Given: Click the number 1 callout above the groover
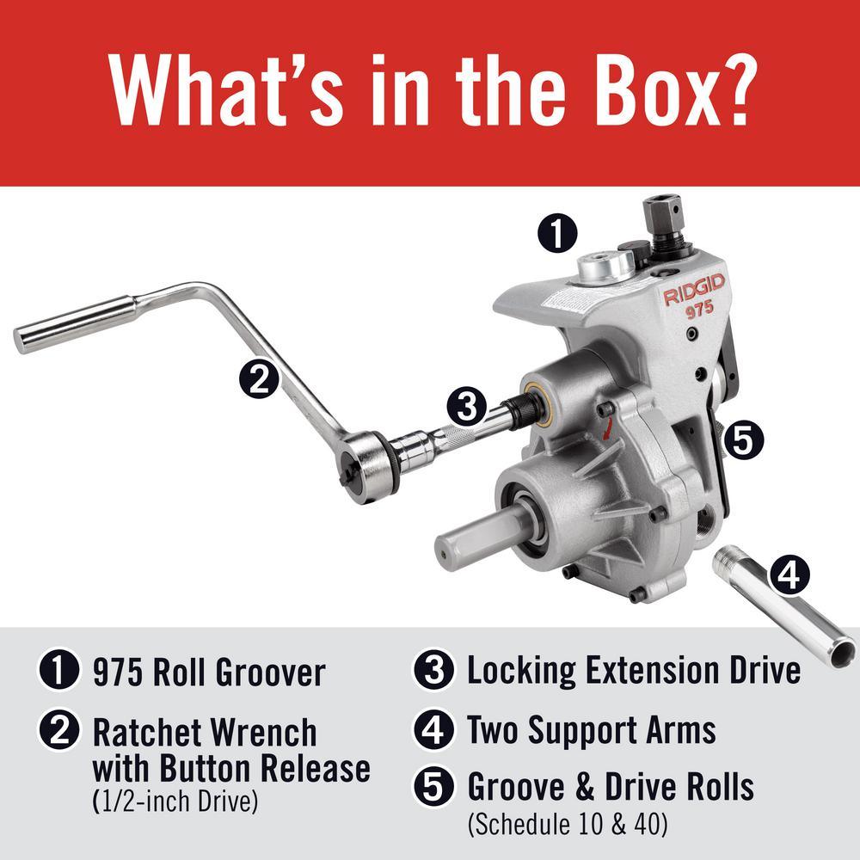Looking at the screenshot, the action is pyautogui.click(x=557, y=234).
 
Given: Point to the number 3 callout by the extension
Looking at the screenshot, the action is pyautogui.click(x=467, y=407).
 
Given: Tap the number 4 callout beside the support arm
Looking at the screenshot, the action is pyautogui.click(x=789, y=574).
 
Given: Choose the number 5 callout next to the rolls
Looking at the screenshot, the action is pyautogui.click(x=743, y=440).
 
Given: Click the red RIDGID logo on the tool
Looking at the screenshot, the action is pyautogui.click(x=694, y=290).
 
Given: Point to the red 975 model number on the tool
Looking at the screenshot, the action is pyautogui.click(x=699, y=310).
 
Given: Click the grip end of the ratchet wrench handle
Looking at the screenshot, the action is pyautogui.click(x=75, y=324).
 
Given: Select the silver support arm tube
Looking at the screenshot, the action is pyautogui.click(x=786, y=608).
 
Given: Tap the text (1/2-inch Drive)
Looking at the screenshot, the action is pyautogui.click(x=175, y=802).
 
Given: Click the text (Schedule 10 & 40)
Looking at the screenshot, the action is pyautogui.click(x=568, y=824).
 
